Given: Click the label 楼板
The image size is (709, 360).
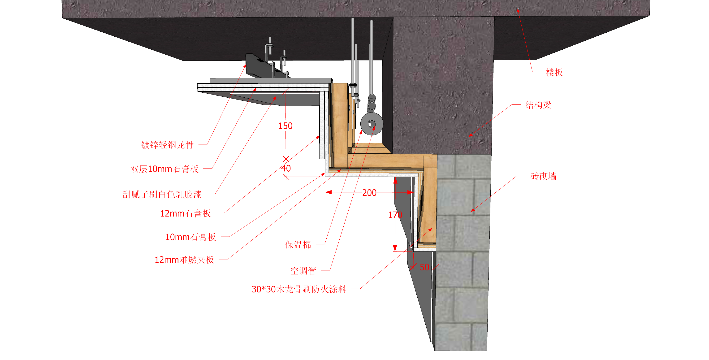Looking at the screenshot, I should tap(554, 73).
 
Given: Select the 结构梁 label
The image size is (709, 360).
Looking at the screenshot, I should tap(538, 105).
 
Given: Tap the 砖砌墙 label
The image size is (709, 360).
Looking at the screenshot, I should tap(543, 176).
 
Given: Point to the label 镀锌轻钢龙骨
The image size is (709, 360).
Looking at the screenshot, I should tap(167, 145).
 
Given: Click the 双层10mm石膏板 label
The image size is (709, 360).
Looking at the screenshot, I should tap(164, 169).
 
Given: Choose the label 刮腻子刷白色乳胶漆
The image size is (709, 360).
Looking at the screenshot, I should tap(162, 195).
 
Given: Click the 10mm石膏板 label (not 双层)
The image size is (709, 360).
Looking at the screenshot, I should tap(190, 237).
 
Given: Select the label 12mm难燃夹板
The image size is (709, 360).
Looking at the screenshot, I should tap(184, 260).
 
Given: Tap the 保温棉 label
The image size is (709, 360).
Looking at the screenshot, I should tap(298, 245).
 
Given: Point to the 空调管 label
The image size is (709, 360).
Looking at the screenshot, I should tap(303, 271).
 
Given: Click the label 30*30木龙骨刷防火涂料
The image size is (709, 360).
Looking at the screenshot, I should tap(299, 290).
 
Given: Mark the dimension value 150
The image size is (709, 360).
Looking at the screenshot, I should tap(285, 126).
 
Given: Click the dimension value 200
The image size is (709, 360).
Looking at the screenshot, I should tap(369, 193).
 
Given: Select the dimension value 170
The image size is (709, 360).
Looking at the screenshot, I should tap(395, 215).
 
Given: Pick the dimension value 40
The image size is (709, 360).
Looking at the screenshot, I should tap(286, 169).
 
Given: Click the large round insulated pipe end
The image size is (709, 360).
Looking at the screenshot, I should tap(372, 124).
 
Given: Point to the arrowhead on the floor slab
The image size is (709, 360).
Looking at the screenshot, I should tap(518, 10).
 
